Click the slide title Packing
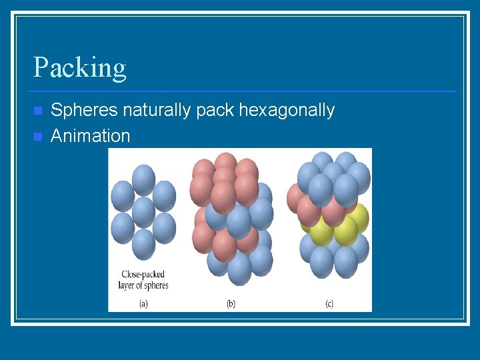point(79,68)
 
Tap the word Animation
point(90,136)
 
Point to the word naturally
point(159,110)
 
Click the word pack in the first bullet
point(215,110)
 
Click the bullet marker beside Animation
point(38,136)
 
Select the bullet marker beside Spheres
point(38,110)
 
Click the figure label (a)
point(143,304)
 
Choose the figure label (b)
point(231,304)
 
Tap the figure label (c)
point(329,304)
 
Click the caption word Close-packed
point(143,274)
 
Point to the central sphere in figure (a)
point(143,212)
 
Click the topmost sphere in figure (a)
point(143,179)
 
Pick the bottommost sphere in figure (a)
point(143,244)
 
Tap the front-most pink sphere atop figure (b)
point(223,197)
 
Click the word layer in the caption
point(129,285)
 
